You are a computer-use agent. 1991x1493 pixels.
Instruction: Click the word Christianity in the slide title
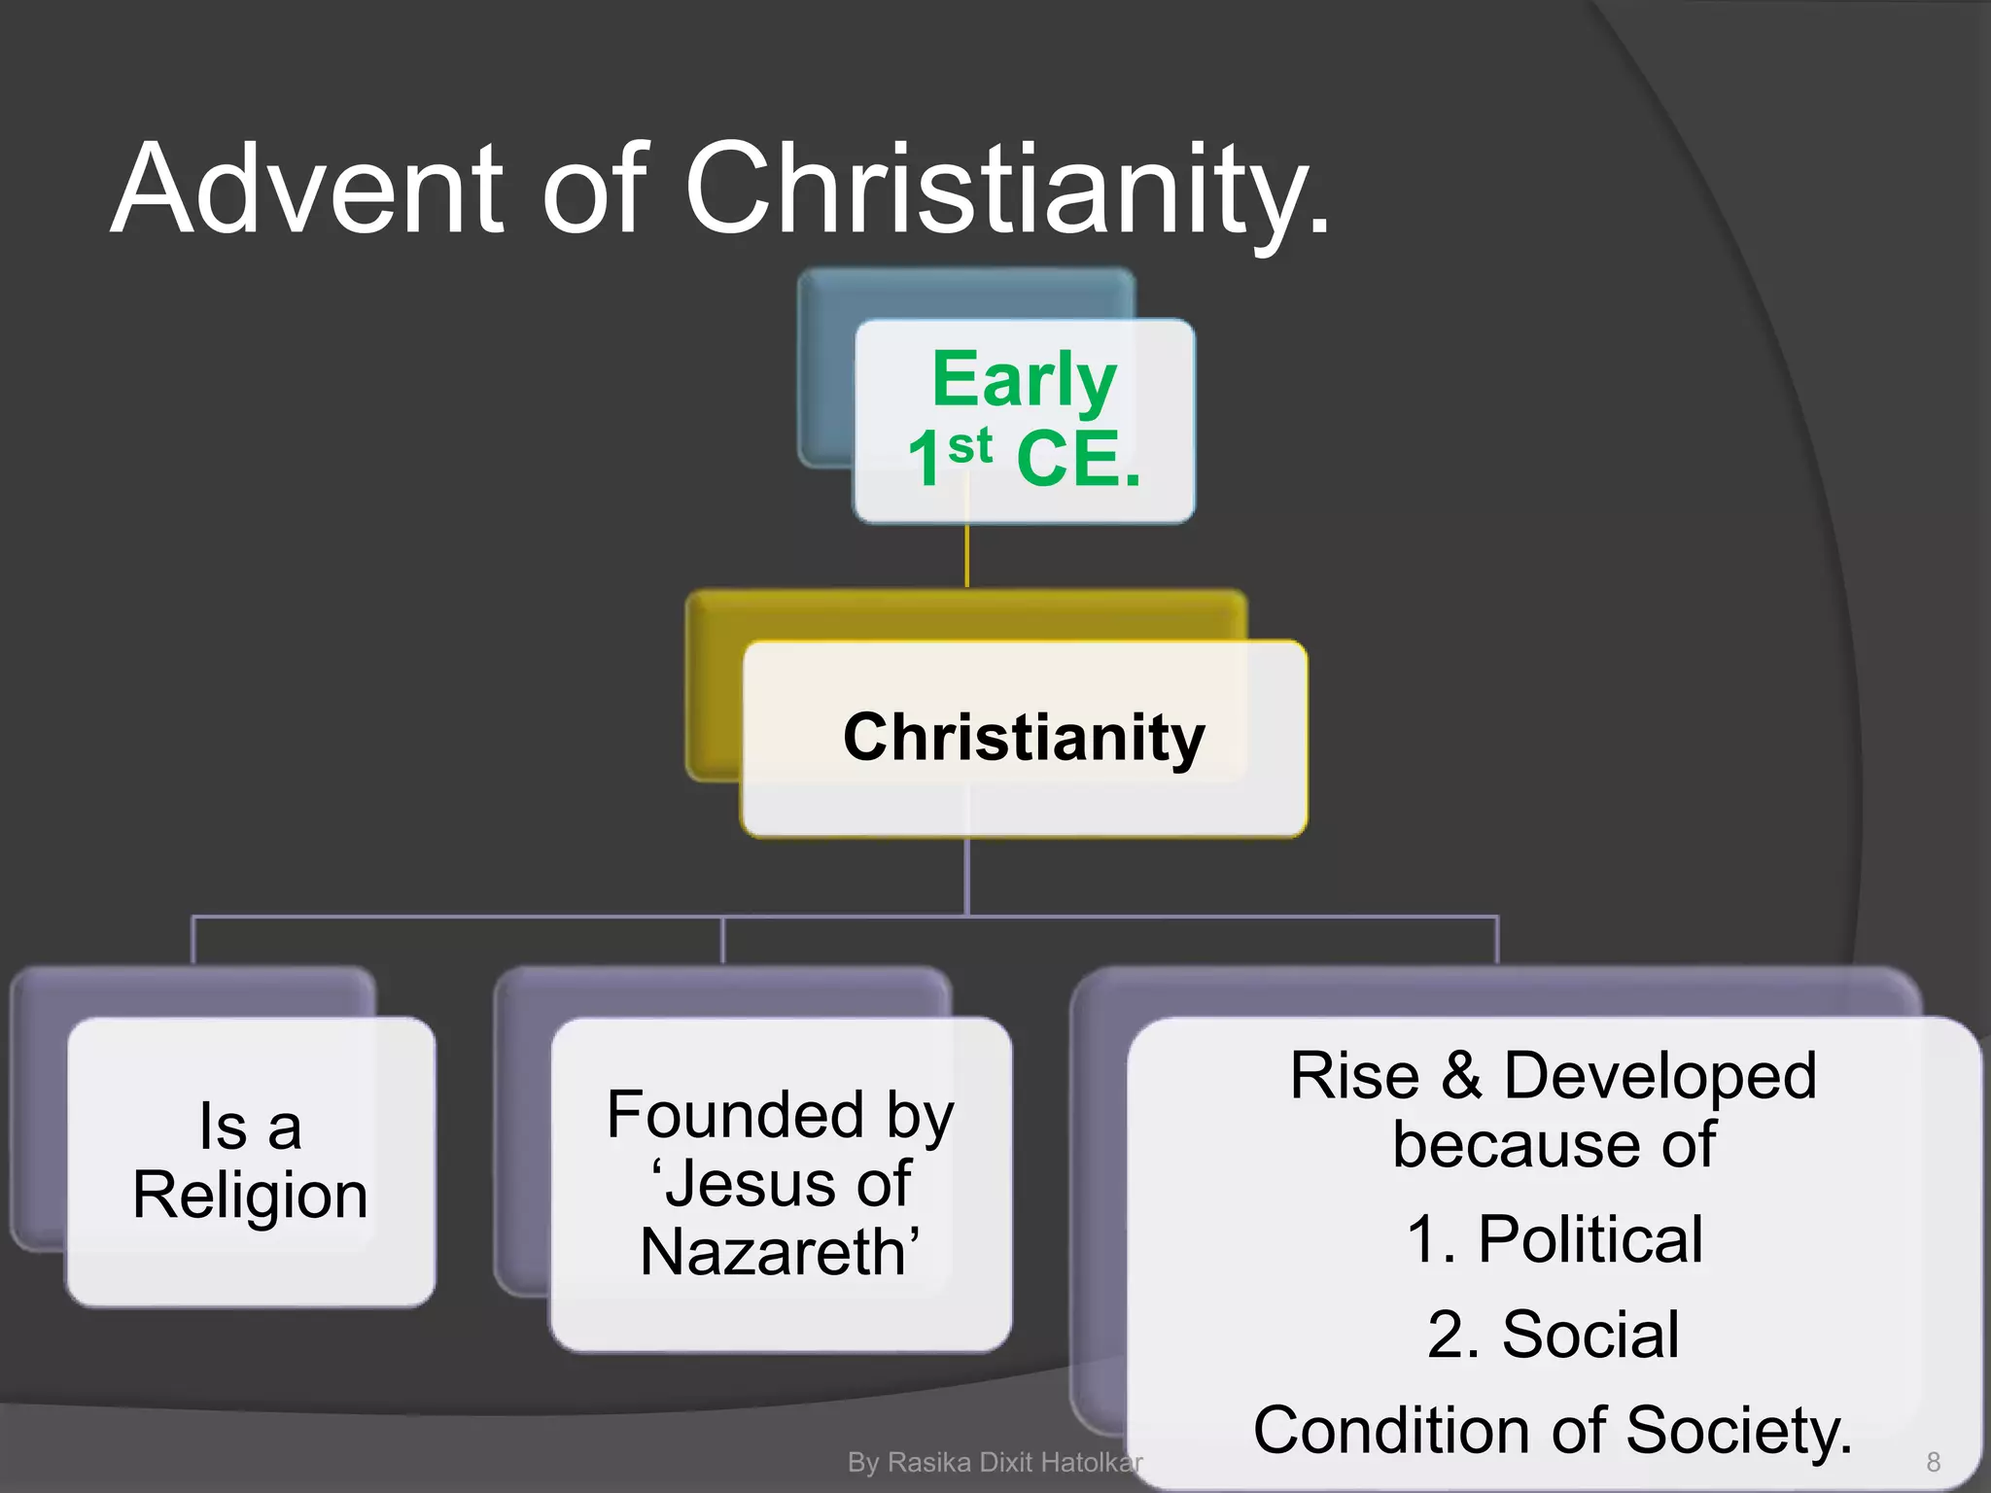pyautogui.click(x=1006, y=190)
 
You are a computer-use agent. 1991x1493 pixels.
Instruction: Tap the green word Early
pyautogui.click(x=1024, y=380)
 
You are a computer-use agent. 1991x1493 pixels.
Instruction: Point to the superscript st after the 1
pyautogui.click(x=970, y=445)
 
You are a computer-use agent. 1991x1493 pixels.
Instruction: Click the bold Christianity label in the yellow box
pyautogui.click(x=1024, y=737)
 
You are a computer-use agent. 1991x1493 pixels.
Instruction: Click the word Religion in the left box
pyautogui.click(x=250, y=1195)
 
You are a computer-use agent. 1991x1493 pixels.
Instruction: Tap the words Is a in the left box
pyautogui.click(x=250, y=1127)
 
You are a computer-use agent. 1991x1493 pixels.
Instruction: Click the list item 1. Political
pyautogui.click(x=1554, y=1239)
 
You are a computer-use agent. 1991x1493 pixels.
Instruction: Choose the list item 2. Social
pyautogui.click(x=1553, y=1334)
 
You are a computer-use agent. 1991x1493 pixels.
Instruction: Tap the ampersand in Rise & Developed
pyautogui.click(x=1461, y=1076)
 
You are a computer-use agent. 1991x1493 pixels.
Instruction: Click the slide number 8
pyautogui.click(x=1933, y=1462)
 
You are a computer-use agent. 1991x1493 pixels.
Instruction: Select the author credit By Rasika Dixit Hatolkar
pyautogui.click(x=994, y=1462)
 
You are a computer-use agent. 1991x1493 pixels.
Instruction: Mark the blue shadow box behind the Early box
pyautogui.click(x=824, y=389)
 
